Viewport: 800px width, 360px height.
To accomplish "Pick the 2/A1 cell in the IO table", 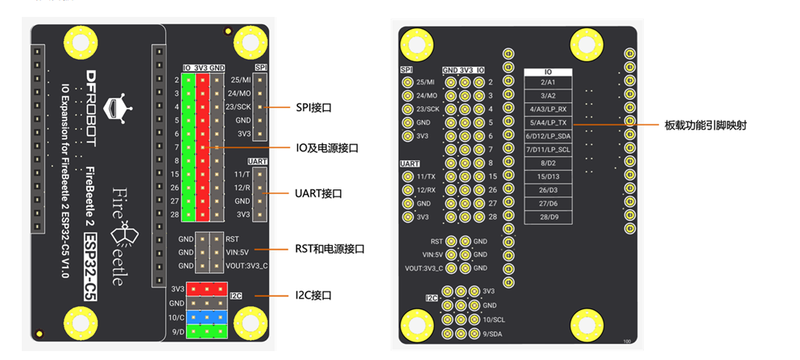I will click(548, 82).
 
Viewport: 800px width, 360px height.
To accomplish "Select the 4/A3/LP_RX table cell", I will click(548, 109).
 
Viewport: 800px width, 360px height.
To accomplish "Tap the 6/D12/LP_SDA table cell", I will click(548, 136).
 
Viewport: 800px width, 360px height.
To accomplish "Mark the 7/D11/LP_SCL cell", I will click(548, 150).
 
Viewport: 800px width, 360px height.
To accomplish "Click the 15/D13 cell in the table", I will click(548, 176).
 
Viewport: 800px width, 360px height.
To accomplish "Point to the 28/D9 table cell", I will click(548, 217).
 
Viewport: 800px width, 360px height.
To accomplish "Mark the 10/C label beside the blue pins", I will click(177, 317).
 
